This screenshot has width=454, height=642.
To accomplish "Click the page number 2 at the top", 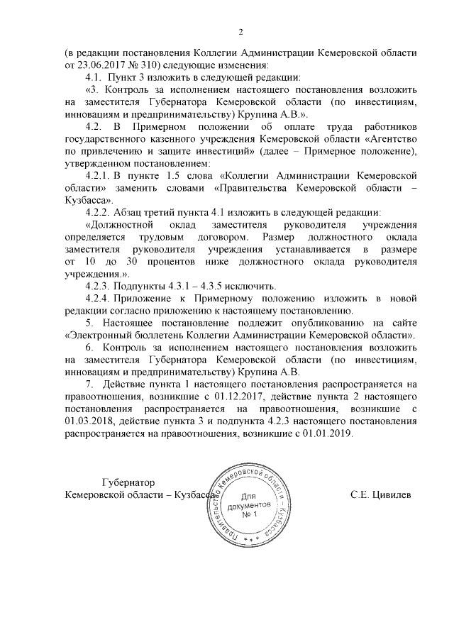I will pyautogui.click(x=240, y=31).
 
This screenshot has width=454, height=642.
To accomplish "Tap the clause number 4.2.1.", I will pyautogui.click(x=98, y=175).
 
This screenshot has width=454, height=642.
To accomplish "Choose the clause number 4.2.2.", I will pyautogui.click(x=98, y=212).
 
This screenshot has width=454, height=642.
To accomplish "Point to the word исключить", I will pyautogui.click(x=248, y=287).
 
